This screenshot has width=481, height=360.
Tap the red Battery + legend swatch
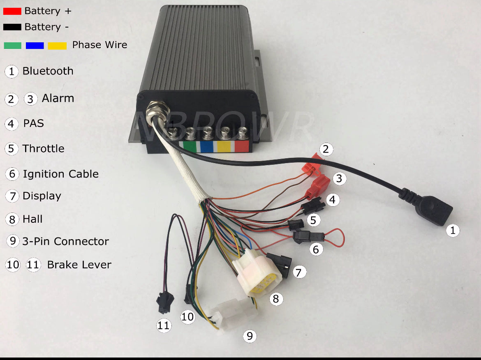point(12,11)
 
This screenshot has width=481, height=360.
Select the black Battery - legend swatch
point(12,27)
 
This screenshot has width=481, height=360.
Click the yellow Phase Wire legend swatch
point(57,45)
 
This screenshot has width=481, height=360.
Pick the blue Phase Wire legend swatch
point(35,45)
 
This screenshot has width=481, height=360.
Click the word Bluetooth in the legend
point(48,71)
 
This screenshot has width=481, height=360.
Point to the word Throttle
point(43,148)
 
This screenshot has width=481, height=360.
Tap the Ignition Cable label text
point(60,174)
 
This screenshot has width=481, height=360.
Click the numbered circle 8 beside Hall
point(12,219)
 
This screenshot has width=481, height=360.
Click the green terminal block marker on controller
point(190,146)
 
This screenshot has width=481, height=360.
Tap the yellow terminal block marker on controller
point(224,146)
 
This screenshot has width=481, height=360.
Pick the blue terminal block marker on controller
point(207,146)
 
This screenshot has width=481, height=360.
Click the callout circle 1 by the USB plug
point(453,231)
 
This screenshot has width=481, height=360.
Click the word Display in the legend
point(42,196)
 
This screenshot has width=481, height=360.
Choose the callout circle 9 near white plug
point(249,337)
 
